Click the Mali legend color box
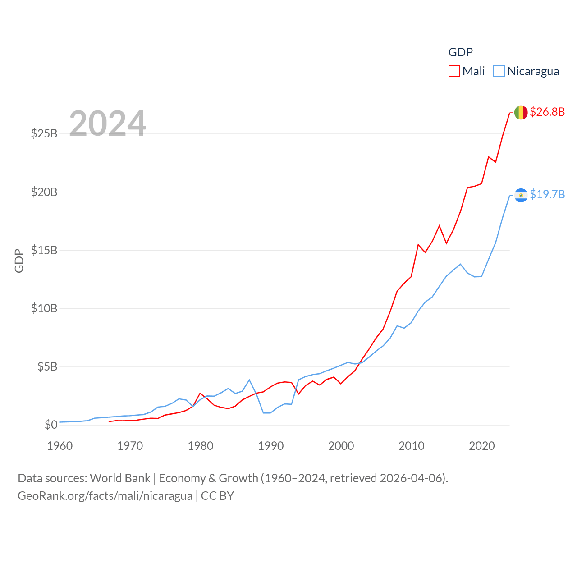tap(454, 71)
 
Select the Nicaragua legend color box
tap(499, 71)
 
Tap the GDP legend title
tap(460, 52)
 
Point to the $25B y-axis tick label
tap(44, 134)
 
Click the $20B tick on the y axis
tap(44, 192)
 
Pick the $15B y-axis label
tap(44, 250)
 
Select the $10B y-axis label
tap(44, 308)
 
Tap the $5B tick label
tap(47, 366)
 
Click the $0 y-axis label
tap(51, 425)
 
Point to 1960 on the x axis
tap(60, 446)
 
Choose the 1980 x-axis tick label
tap(201, 446)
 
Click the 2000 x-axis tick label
tap(341, 446)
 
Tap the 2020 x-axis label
tap(482, 446)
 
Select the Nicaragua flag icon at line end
tap(521, 195)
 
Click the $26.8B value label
tap(547, 112)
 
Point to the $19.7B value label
tap(547, 194)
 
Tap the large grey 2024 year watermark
tap(108, 124)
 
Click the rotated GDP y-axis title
tap(19, 261)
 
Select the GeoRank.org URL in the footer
tap(105, 496)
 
